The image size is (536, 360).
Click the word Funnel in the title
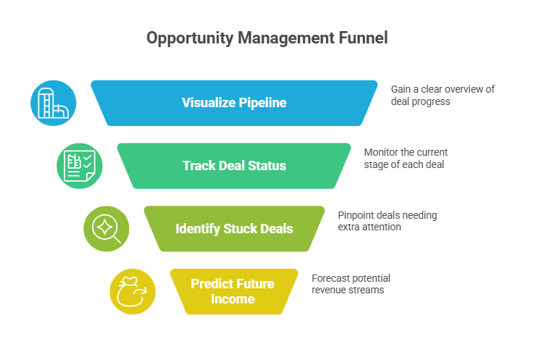point(361,38)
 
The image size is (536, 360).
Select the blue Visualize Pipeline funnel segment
point(234,103)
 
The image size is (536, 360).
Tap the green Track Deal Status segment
point(234,166)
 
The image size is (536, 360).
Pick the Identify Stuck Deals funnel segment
point(234,229)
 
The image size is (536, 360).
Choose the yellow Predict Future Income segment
point(233,291)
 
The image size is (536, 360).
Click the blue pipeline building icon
point(53,103)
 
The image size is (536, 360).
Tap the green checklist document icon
point(80,166)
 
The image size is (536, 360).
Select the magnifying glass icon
point(106,229)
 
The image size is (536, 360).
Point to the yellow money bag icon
point(133,291)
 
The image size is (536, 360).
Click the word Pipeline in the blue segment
point(262,103)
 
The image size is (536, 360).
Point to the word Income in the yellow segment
point(233,299)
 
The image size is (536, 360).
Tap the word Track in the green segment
point(198,166)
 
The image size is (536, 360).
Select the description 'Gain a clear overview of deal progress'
point(443,95)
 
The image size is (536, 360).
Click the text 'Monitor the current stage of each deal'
point(406,158)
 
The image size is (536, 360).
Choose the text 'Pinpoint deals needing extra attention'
point(388,221)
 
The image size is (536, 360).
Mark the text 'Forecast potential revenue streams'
point(352,284)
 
